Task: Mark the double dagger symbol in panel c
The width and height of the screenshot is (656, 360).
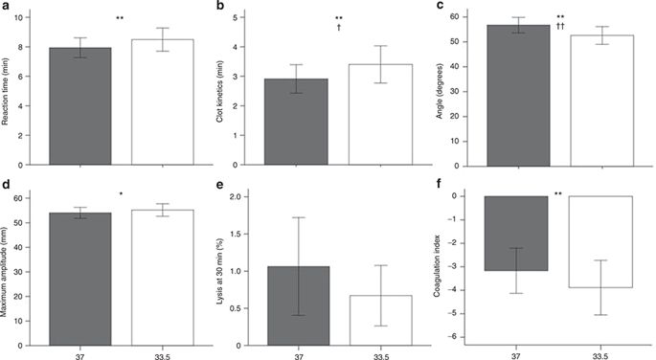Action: [x=558, y=27]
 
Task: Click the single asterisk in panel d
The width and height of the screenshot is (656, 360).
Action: [x=120, y=196]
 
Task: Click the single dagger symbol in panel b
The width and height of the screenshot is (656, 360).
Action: [x=339, y=29]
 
